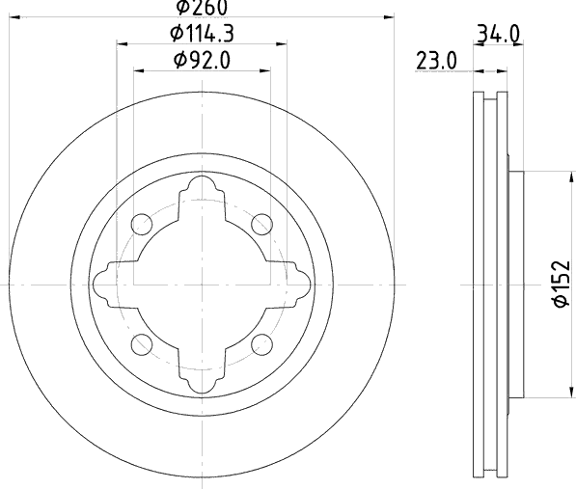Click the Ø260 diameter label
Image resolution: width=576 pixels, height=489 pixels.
(x=202, y=8)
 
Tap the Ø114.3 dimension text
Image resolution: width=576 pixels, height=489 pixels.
(x=202, y=34)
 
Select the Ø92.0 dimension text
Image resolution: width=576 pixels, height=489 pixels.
(x=202, y=60)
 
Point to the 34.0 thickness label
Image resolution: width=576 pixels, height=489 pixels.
(x=498, y=34)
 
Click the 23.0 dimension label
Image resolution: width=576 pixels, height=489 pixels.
(x=436, y=61)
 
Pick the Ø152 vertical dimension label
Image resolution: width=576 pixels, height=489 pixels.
(x=562, y=284)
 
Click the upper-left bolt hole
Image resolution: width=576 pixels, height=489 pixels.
(x=142, y=224)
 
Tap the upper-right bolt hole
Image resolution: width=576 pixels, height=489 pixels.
(x=261, y=224)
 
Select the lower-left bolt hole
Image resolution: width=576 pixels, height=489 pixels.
(x=142, y=344)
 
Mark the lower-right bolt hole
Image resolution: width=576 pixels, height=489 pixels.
(x=261, y=344)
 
